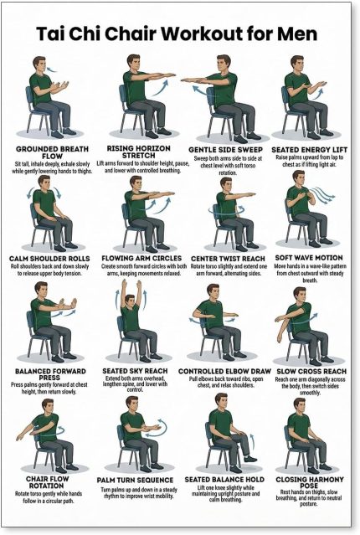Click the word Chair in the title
(131, 33)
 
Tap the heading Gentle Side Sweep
(225, 150)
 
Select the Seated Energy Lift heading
(309, 149)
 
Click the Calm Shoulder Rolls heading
(49, 259)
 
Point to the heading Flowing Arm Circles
(141, 258)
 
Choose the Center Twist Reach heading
(228, 259)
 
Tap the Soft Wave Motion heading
(309, 258)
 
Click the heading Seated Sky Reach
(135, 371)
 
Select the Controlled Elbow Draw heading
(224, 371)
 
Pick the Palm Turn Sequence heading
(135, 480)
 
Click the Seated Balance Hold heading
(224, 480)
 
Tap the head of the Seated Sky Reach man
(130, 301)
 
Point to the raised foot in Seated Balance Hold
(250, 459)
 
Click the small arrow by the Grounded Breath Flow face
(52, 70)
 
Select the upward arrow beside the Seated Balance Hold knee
(252, 443)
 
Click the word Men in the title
(297, 33)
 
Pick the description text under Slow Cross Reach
(310, 386)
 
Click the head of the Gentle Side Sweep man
(224, 64)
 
